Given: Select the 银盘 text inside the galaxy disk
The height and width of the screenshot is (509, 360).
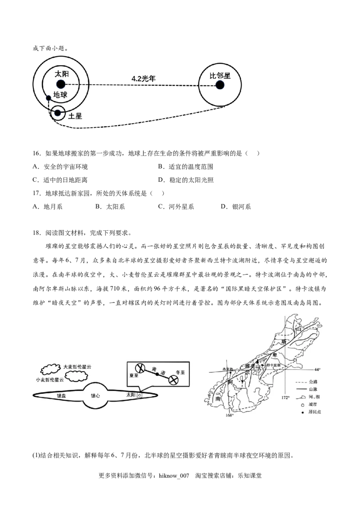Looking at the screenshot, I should (61, 396).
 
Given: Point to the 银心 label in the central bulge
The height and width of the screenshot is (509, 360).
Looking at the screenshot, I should (95, 396).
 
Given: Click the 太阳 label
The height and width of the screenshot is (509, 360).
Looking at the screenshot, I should (130, 394).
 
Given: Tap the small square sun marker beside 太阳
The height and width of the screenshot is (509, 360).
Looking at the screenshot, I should (139, 395).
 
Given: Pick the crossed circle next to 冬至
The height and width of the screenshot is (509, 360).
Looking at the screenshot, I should (173, 380).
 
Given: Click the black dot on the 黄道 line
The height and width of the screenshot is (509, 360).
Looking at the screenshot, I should (157, 374).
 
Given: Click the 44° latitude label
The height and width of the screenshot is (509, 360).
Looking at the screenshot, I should (317, 369).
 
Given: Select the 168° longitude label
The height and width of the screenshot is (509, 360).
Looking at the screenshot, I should (230, 415).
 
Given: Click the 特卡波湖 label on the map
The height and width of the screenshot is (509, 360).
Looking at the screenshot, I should (273, 365).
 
